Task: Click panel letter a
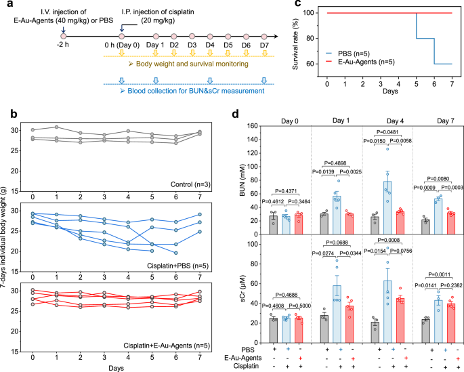tap(6, 7)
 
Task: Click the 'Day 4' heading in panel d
tap(399, 121)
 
